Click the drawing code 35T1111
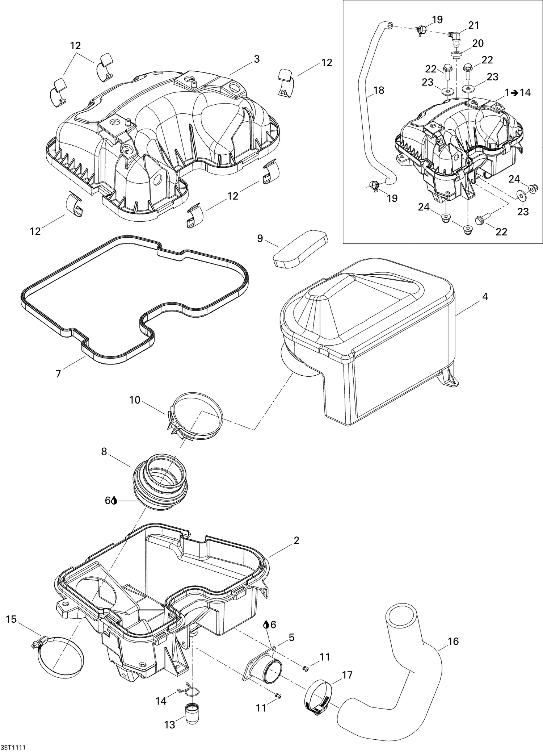(13, 747)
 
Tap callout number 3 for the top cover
(257, 59)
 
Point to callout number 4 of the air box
(485, 297)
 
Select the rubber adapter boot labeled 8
(161, 479)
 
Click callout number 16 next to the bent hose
(453, 642)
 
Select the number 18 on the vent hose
(379, 90)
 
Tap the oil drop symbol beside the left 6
(114, 501)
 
